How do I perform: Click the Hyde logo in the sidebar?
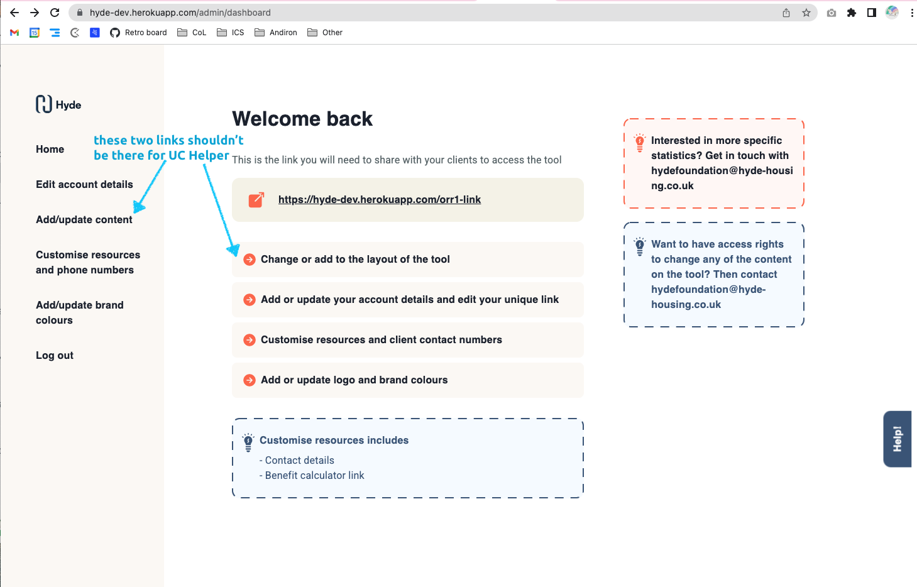(x=58, y=104)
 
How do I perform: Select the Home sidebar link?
(x=50, y=149)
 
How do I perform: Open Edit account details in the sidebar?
(x=84, y=184)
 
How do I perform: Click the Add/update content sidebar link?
(x=84, y=219)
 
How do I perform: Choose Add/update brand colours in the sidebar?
(x=79, y=312)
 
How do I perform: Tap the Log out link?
(x=55, y=355)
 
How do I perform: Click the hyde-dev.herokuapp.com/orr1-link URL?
(x=380, y=199)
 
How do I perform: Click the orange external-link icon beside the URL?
(x=256, y=200)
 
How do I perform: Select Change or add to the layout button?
(x=355, y=259)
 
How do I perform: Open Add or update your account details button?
(x=409, y=299)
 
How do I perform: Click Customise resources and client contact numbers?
(x=381, y=339)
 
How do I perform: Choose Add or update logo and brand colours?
(x=354, y=380)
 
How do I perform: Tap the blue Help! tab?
(x=897, y=439)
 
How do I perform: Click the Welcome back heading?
(x=302, y=119)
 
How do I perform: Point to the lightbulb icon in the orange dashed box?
(x=639, y=143)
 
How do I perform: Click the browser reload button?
(x=55, y=13)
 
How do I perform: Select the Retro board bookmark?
(x=139, y=33)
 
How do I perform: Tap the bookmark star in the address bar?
(x=806, y=13)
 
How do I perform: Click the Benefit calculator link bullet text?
(x=314, y=475)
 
